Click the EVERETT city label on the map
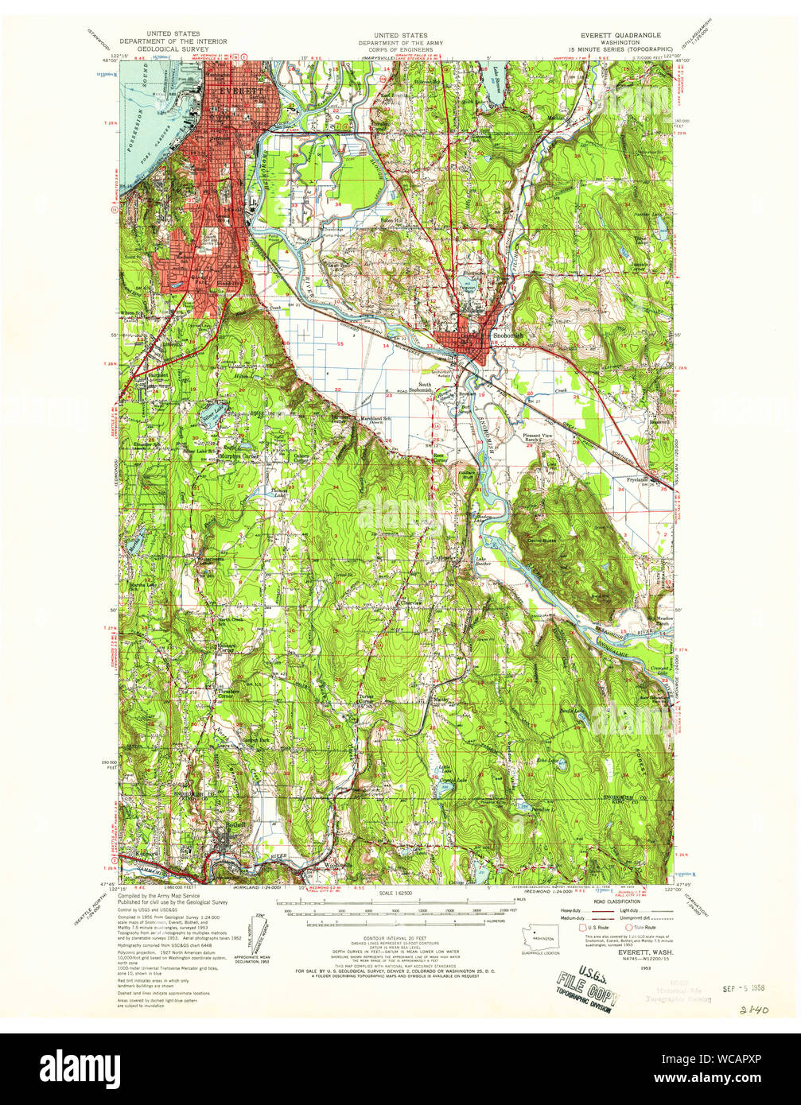pyautogui.click(x=239, y=91)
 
